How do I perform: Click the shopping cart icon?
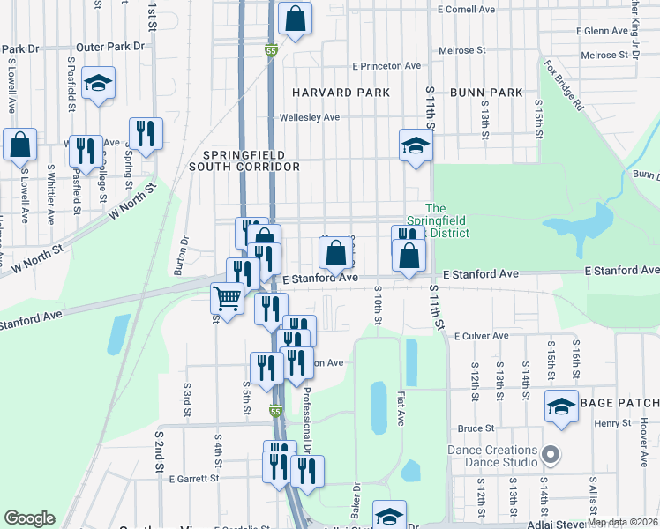click(228, 299)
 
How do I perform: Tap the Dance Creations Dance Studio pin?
click(551, 456)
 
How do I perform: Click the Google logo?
click(29, 518)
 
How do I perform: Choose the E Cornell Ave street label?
click(466, 10)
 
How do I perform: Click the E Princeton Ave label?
click(386, 66)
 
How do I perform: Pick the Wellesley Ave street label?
click(310, 117)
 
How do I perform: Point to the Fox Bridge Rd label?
click(564, 85)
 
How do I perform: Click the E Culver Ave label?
click(481, 336)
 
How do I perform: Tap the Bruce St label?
click(476, 428)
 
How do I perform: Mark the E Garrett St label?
click(193, 478)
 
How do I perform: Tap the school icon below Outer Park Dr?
click(98, 84)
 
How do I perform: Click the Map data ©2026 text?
click(621, 522)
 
